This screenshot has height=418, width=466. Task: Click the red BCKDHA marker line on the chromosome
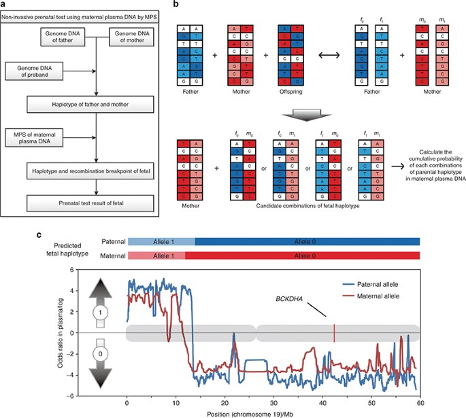[334, 333]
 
